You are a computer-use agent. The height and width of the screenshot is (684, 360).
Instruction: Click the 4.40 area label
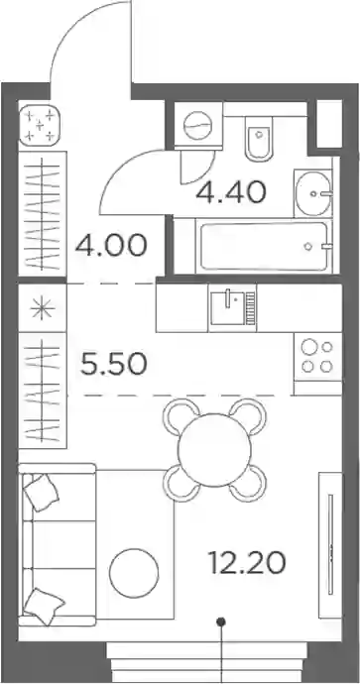tap(231, 192)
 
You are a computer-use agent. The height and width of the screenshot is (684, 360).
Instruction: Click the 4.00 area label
tap(111, 246)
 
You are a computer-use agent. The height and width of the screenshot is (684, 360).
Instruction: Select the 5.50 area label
tap(113, 365)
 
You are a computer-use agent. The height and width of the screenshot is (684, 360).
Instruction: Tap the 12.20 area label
tap(247, 563)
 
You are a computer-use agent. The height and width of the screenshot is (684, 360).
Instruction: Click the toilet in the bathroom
tap(258, 138)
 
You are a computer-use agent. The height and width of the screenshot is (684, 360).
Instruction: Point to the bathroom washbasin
tap(313, 193)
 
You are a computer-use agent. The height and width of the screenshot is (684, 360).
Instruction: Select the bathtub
tap(264, 247)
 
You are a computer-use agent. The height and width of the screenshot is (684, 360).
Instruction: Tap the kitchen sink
tap(232, 308)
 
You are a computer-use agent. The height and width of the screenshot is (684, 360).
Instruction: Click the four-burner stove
tap(317, 357)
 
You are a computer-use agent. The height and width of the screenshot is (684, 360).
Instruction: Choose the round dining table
tap(215, 449)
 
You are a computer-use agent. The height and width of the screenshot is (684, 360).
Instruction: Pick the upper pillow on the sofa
tap(41, 492)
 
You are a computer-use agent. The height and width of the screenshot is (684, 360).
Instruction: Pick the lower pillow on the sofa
tap(44, 607)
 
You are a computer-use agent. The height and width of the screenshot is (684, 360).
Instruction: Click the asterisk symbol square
tap(43, 308)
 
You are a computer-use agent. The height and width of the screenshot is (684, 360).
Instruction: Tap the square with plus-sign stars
tap(40, 126)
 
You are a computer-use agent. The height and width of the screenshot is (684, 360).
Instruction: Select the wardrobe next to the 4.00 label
tap(43, 214)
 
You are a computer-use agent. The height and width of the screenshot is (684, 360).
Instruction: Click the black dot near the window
tap(222, 621)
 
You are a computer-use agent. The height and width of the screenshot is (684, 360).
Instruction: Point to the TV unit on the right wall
tap(330, 544)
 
